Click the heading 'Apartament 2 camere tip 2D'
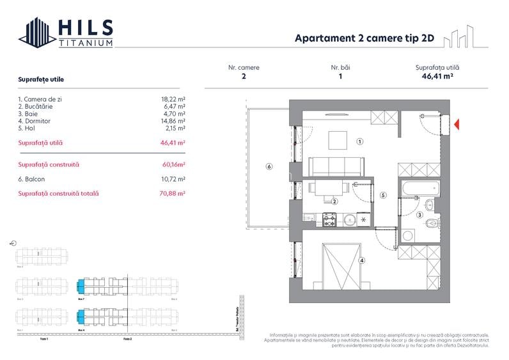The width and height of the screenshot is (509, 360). (364, 38)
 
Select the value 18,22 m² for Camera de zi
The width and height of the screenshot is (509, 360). (173, 100)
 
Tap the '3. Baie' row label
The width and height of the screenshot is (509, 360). (29, 114)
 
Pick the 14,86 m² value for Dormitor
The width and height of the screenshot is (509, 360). (173, 121)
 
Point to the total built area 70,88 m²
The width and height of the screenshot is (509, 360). (173, 193)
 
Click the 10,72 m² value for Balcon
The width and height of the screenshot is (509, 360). (173, 179)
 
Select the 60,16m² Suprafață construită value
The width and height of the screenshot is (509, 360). (173, 165)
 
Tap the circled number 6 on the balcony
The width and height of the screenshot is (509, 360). (269, 167)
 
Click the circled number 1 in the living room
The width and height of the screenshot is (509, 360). (360, 142)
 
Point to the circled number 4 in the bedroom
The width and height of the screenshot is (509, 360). (362, 260)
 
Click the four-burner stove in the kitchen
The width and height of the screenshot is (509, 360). (329, 220)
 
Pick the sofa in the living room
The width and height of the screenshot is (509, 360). (337, 167)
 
